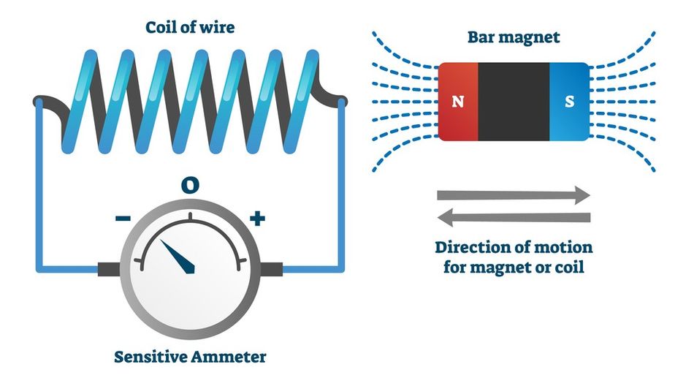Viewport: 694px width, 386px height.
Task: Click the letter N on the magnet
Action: pyautogui.click(x=458, y=102)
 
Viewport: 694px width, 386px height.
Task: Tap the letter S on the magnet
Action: pyautogui.click(x=569, y=102)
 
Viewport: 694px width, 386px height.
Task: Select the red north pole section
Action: pyautogui.click(x=458, y=121)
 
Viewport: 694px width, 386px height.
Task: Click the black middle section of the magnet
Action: pyautogui.click(x=513, y=102)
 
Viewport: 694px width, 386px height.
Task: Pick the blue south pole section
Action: pyautogui.click(x=569, y=121)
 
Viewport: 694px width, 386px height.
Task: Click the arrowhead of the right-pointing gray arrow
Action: pyautogui.click(x=582, y=195)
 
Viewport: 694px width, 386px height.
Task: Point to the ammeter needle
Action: pyautogui.click(x=179, y=256)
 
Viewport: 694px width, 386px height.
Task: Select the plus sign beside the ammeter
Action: pyautogui.click(x=256, y=218)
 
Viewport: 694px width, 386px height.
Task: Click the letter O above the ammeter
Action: pyautogui.click(x=190, y=186)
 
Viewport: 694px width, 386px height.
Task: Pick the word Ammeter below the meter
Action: pyautogui.click(x=232, y=357)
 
